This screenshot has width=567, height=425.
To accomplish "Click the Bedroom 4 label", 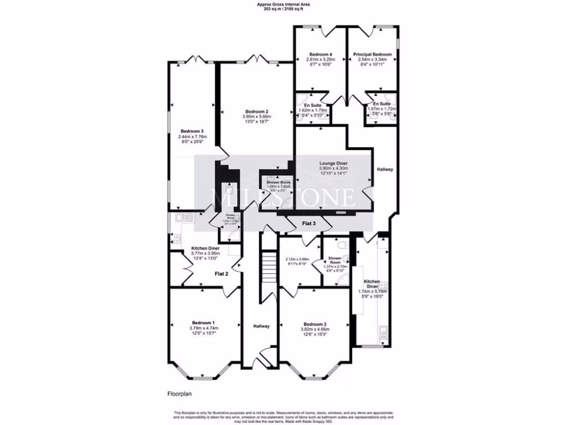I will tap(320, 54).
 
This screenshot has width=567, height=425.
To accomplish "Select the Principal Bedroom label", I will tap(372, 54).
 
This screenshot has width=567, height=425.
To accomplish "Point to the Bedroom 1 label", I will tap(203, 323).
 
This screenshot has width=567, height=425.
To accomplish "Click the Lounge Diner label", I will tap(333, 164).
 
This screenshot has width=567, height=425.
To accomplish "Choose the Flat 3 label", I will tap(309, 224).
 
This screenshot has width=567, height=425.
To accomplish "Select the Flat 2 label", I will tap(221, 273).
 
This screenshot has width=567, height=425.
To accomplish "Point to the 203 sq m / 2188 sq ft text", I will tap(283, 10).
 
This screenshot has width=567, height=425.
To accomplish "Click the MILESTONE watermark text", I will tap(283, 197).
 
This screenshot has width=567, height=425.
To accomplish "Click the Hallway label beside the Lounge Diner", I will tap(384, 169).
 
